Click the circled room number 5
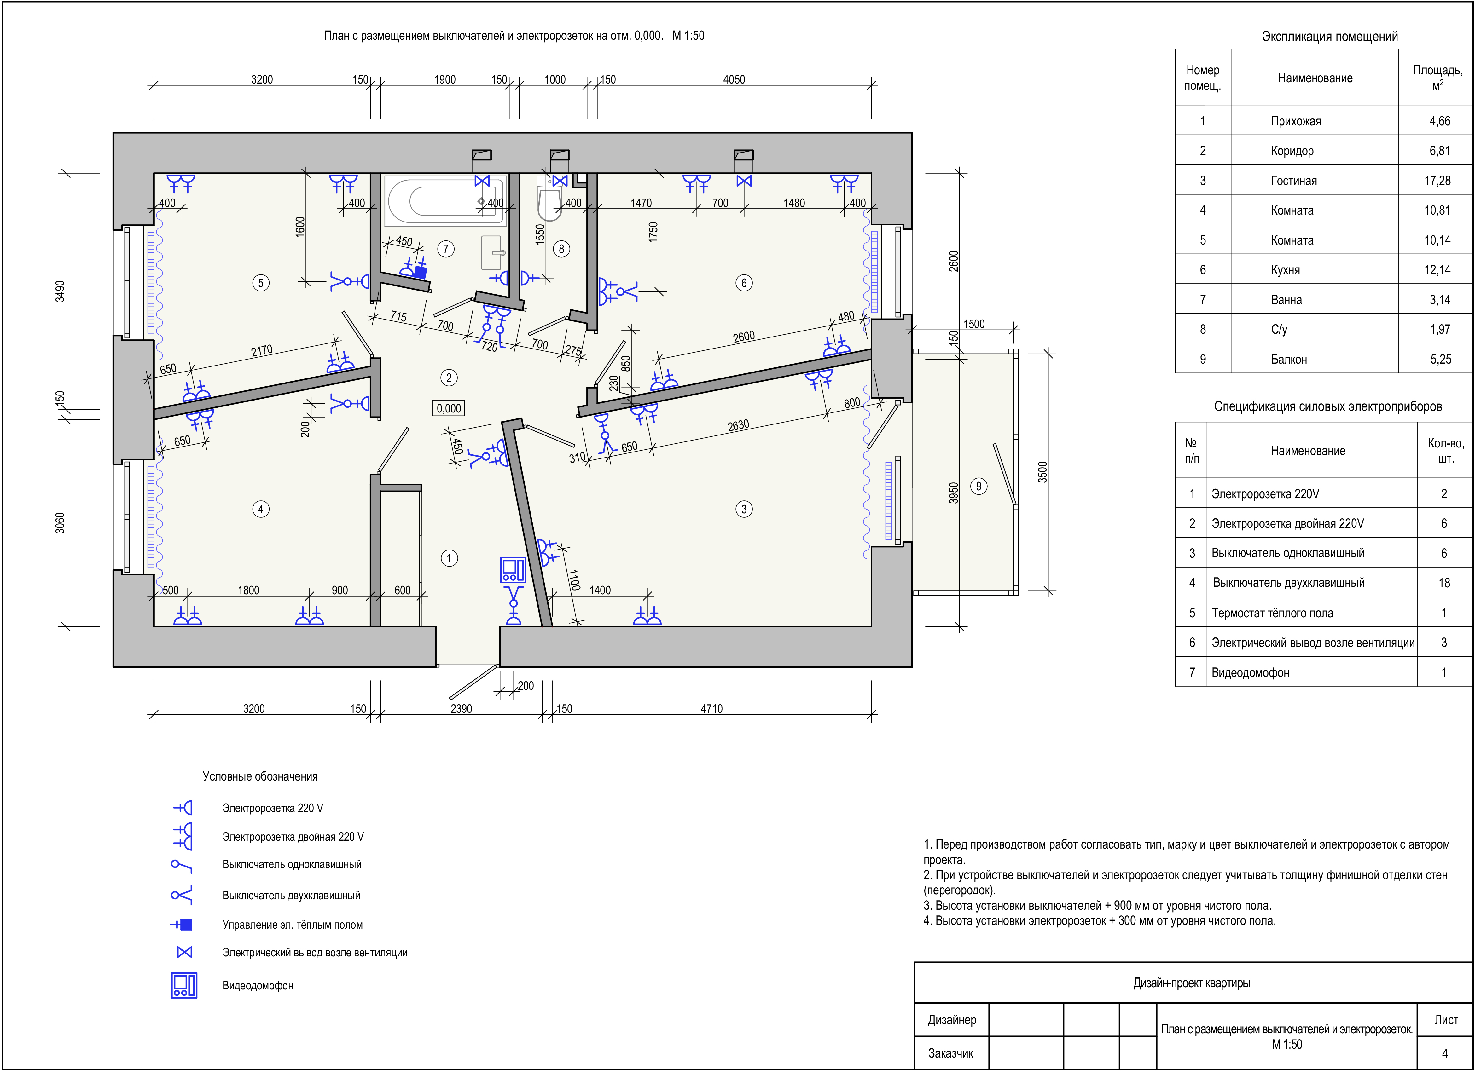[261, 283]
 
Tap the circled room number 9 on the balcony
[979, 486]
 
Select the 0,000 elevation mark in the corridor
[449, 408]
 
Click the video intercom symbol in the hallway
[513, 569]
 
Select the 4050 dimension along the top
[734, 79]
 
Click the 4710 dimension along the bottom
[711, 709]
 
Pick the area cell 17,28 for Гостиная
[1437, 181]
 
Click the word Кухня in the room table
[1286, 270]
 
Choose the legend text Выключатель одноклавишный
[292, 865]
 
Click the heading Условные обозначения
[260, 776]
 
